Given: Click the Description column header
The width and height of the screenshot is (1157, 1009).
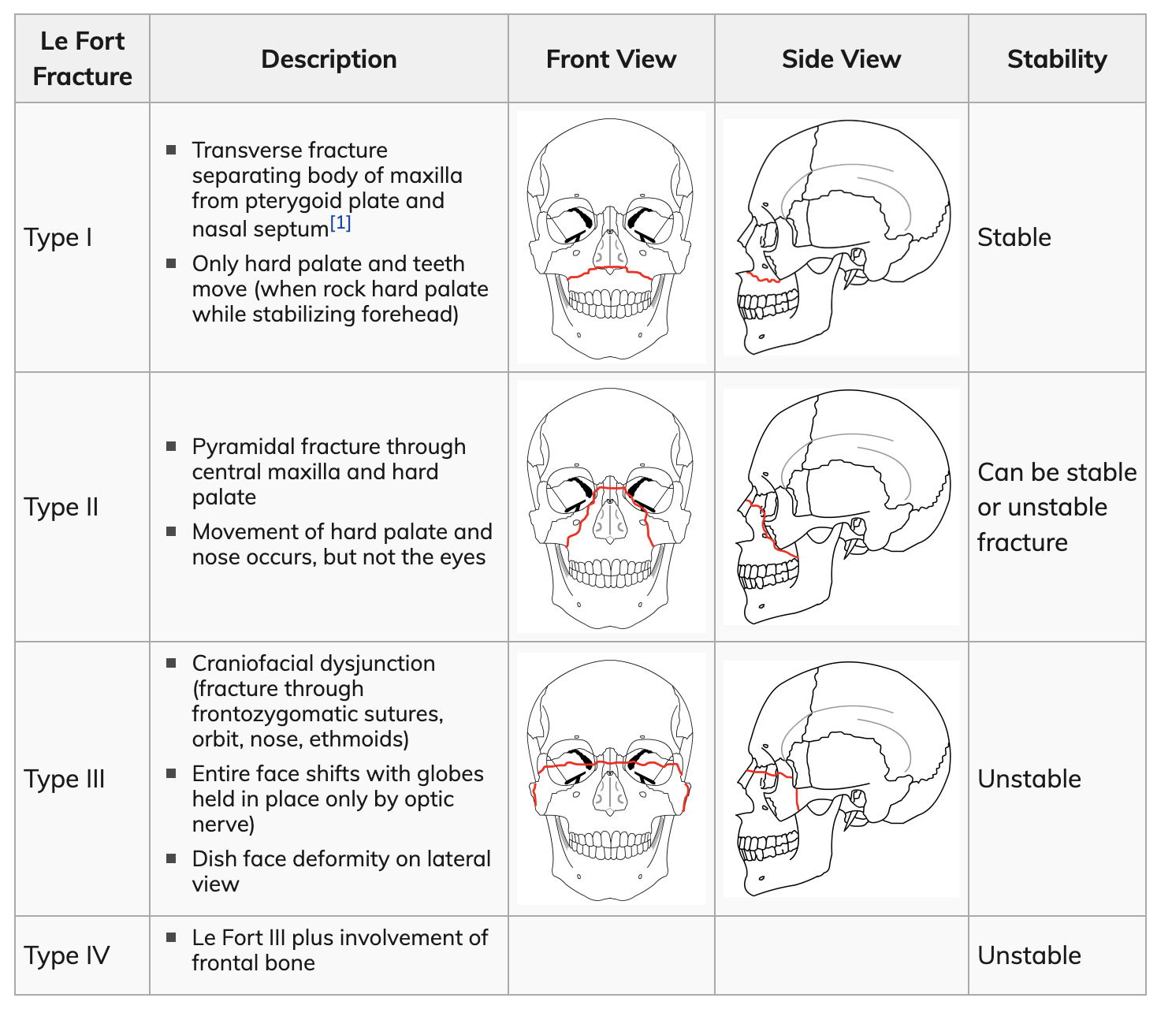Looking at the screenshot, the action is click(329, 59).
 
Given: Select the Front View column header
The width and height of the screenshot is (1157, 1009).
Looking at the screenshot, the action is click(611, 59).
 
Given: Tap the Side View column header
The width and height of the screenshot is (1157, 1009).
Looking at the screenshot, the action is click(841, 59).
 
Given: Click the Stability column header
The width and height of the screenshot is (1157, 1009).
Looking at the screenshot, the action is click(1056, 59).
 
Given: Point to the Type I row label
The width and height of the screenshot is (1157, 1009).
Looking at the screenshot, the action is click(58, 237).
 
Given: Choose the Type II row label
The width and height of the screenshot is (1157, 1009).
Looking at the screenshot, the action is click(61, 508).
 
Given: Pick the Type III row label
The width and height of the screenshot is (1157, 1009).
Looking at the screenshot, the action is click(65, 779).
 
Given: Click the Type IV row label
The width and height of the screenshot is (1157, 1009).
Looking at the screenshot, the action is click(67, 956).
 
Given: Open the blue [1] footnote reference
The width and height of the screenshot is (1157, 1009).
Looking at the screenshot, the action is click(340, 223).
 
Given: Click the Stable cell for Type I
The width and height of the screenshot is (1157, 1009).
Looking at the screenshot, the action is click(1014, 237).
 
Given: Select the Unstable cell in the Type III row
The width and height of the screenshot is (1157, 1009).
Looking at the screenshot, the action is click(1029, 779).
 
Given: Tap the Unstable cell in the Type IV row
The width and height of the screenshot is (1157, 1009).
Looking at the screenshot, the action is click(1029, 956).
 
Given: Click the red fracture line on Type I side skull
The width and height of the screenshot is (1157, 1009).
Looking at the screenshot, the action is click(763, 278).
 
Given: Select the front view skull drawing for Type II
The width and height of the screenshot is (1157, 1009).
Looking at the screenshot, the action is click(611, 508).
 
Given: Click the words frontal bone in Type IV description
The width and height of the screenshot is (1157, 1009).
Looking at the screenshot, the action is click(253, 963).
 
